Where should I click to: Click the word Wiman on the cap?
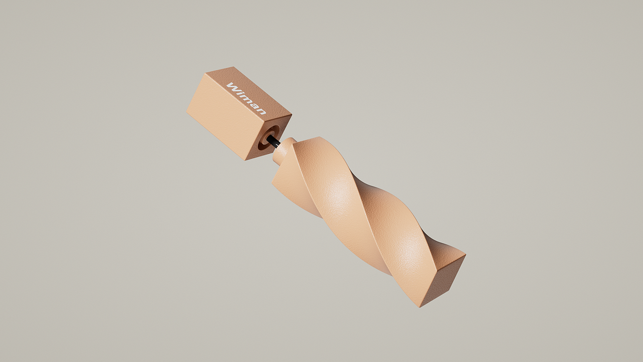click(x=247, y=99)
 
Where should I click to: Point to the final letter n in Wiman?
click(x=262, y=111)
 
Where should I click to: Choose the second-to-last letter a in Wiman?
click(x=255, y=106)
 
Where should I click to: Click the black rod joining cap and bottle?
click(x=274, y=142)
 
